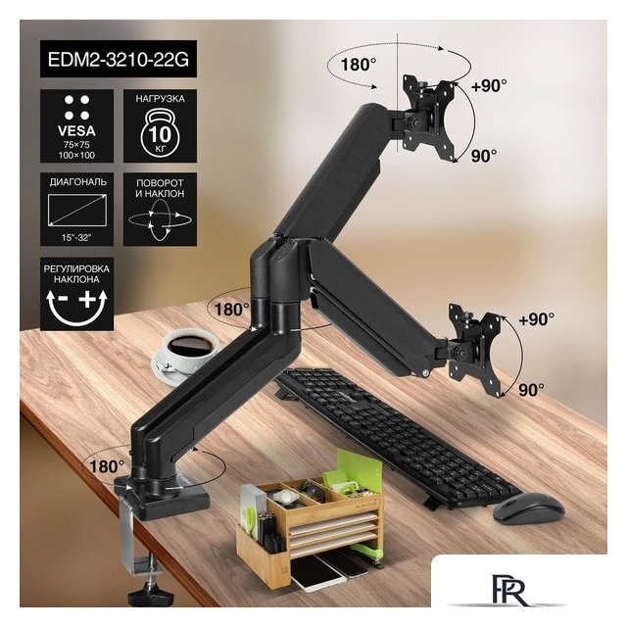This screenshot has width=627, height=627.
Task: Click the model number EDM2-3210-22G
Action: tap(119, 59)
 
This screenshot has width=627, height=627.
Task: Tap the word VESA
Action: tap(76, 130)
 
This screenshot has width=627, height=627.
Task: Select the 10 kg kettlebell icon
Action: tap(160, 132)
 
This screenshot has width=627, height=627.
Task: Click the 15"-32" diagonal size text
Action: tap(76, 237)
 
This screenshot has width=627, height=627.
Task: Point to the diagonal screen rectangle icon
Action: tap(76, 211)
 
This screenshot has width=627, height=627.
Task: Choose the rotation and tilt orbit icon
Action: tap(160, 219)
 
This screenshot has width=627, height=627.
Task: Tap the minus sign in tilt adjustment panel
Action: tap(63, 298)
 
